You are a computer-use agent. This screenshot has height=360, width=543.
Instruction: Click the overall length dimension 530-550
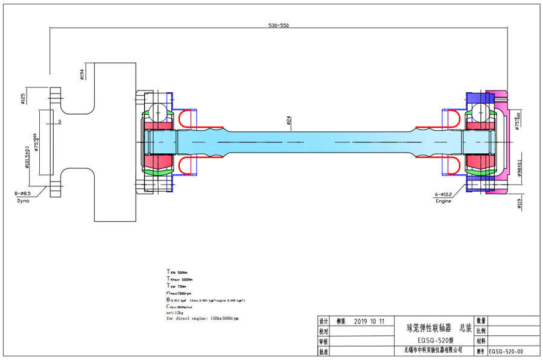click(278, 25)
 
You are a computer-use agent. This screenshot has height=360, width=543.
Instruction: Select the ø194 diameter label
click(81, 74)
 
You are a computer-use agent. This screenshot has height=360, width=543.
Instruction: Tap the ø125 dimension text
click(23, 98)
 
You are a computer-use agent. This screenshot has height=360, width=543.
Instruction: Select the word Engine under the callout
click(444, 201)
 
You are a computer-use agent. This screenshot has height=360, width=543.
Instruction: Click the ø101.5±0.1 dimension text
click(27, 158)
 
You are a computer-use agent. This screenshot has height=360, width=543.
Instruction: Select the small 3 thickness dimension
click(60, 122)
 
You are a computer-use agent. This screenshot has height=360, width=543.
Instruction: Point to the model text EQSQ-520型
click(430, 339)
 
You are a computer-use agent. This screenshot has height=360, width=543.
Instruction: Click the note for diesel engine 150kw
click(202, 318)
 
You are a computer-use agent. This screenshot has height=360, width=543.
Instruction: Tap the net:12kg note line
click(174, 312)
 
